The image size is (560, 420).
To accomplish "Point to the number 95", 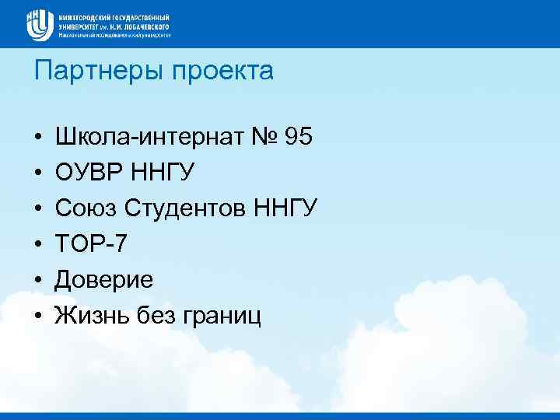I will (x=299, y=138).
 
